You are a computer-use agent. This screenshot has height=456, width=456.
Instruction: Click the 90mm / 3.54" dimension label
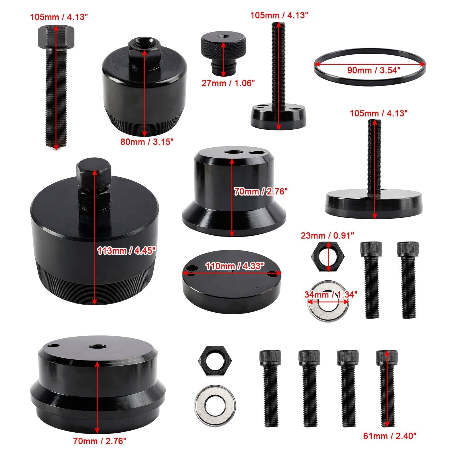(374, 70)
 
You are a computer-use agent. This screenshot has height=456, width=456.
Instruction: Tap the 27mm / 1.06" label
(228, 83)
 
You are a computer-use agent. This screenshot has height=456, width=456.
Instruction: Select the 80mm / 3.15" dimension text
(147, 141)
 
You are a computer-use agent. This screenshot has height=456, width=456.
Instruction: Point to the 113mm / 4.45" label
(126, 251)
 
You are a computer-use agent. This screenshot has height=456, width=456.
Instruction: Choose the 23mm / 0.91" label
(327, 235)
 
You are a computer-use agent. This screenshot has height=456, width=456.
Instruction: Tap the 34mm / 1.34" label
(331, 294)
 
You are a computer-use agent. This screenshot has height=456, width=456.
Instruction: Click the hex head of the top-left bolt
(56, 36)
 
